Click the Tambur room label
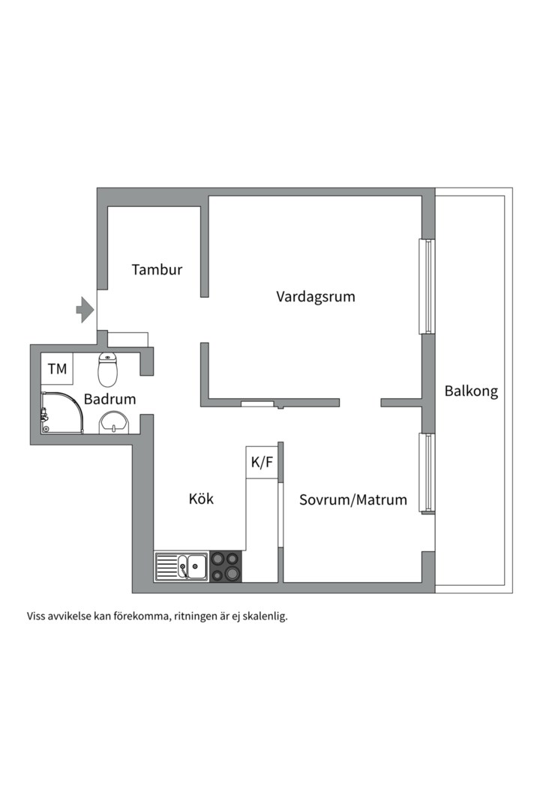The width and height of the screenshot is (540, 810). pos(157,269)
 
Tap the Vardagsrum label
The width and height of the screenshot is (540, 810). pos(315,296)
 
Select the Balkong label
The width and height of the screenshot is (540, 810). pos(471,391)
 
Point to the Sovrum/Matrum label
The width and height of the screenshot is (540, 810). pos(353,499)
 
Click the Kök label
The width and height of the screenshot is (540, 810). pos(201,499)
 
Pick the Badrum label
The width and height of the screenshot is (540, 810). pos(109,399)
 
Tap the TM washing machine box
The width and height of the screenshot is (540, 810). pos(57,369)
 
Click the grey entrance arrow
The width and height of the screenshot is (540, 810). pos(84,308)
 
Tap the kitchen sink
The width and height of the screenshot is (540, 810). pos(181,567)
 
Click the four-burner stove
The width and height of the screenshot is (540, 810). pos(226,566)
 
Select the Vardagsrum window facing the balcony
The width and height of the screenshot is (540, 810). pos(426,286)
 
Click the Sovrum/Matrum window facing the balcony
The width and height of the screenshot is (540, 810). pos(426,473)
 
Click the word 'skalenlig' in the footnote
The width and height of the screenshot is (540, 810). pos(263,617)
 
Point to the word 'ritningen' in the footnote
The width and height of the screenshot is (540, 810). pos(200,617)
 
